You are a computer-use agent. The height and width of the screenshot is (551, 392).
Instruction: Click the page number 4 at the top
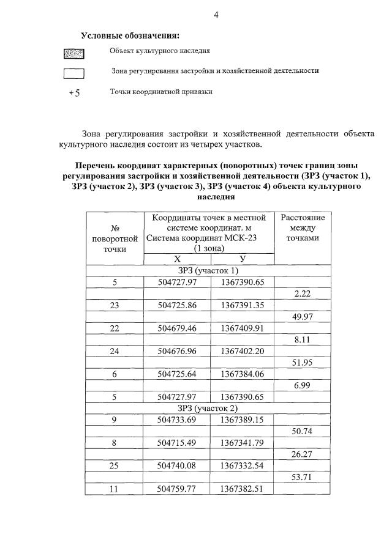point(216,15)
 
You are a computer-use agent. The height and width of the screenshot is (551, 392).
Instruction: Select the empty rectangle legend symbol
point(74,75)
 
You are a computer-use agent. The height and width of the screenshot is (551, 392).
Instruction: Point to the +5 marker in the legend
point(75,94)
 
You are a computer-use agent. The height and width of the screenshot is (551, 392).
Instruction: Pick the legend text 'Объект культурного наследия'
point(160,51)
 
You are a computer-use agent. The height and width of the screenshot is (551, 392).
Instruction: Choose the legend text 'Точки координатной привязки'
point(161,92)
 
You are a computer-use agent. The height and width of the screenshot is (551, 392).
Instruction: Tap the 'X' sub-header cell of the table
point(178,259)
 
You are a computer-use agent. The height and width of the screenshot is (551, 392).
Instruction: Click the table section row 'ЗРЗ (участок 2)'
point(208,408)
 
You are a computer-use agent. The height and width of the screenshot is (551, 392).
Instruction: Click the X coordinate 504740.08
point(177,465)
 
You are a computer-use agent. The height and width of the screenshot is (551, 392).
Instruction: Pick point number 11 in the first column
point(114,489)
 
